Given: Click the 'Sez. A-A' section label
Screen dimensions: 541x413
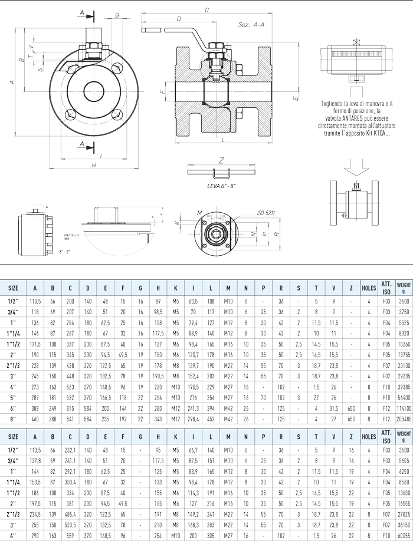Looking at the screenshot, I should (x=251, y=25).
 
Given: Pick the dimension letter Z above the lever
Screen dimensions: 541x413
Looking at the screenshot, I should (x=221, y=160).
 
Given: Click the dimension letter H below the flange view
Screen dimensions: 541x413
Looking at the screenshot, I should (x=94, y=166).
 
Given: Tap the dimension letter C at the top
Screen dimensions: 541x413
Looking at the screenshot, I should (x=206, y=9).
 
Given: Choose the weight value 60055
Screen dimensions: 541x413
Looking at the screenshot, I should (x=404, y=536).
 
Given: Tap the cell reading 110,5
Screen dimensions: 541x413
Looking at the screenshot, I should (x=36, y=301).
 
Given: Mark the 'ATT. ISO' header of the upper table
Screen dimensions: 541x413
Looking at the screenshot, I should (x=387, y=288).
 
